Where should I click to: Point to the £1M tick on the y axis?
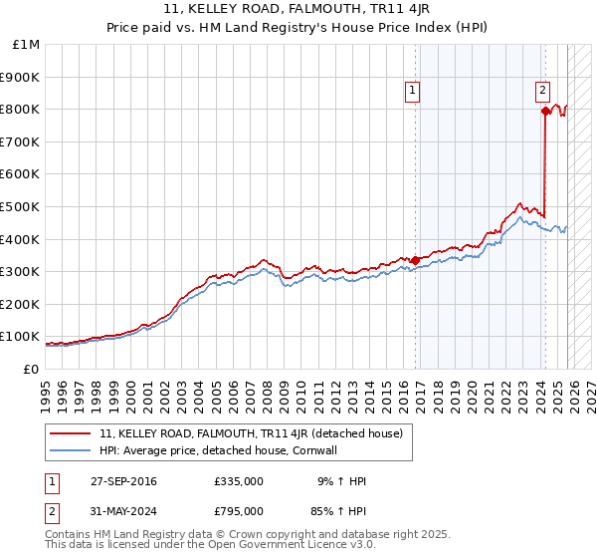pyautogui.click(x=27, y=45)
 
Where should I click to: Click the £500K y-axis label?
pyautogui.click(x=21, y=206)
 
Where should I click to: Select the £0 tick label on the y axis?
pyautogui.click(x=32, y=369)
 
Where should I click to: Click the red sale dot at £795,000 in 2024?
pyautogui.click(x=545, y=111)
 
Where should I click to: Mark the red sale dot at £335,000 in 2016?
pyautogui.click(x=415, y=260)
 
